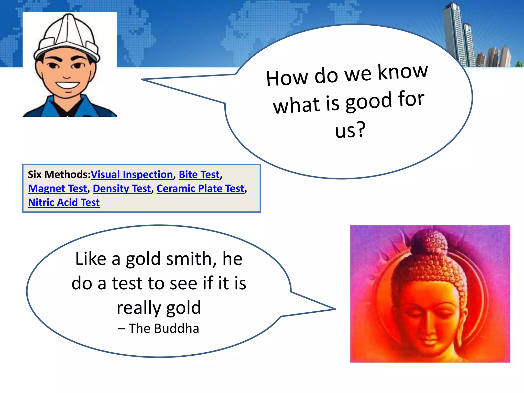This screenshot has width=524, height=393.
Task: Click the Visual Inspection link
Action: [x=132, y=174]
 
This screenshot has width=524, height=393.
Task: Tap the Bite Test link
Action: [x=199, y=174]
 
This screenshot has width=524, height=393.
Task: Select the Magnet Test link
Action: [x=58, y=189]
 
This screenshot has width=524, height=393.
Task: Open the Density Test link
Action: [x=122, y=189]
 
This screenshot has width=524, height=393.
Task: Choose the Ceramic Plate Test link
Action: [x=200, y=189]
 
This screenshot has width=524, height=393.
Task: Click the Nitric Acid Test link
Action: [x=64, y=202]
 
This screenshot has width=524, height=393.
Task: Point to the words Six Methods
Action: [x=59, y=174]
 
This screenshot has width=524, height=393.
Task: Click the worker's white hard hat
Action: [x=67, y=36]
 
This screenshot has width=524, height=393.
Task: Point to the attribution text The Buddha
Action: [x=164, y=329]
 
